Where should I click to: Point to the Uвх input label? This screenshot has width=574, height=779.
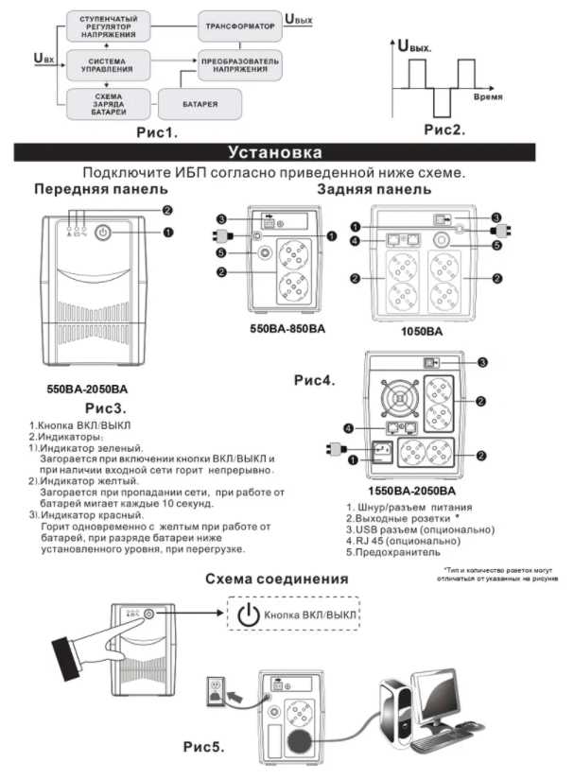pos(43,59)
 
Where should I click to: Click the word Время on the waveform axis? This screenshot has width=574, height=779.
pos(488,97)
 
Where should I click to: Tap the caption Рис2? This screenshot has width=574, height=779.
pos(444,130)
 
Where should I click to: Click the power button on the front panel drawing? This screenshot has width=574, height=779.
pos(105,233)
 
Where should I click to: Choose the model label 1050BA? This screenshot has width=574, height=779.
pos(424,332)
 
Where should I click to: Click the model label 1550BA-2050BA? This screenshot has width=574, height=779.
pos(411,493)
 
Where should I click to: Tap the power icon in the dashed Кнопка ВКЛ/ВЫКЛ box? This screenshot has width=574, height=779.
pos(248,615)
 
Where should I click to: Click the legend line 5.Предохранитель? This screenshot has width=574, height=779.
pos(393,551)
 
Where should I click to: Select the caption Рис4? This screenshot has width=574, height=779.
pos(315,381)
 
